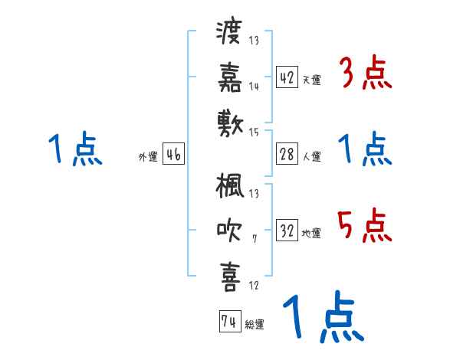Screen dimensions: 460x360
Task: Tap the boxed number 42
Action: (287, 77)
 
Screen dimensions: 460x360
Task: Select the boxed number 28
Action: (287, 154)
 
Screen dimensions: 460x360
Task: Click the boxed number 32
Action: (287, 231)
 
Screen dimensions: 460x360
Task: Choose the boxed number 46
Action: (173, 154)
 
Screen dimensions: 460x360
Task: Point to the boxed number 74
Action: (228, 322)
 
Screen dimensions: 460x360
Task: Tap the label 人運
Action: (311, 156)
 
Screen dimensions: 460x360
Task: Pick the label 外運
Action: (148, 156)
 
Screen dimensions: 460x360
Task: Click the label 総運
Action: (254, 324)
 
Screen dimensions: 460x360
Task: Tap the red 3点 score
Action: (365, 74)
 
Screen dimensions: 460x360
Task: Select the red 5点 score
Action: (365, 225)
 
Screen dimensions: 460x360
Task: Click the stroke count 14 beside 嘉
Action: (254, 87)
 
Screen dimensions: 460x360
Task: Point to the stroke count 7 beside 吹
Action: (254, 239)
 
